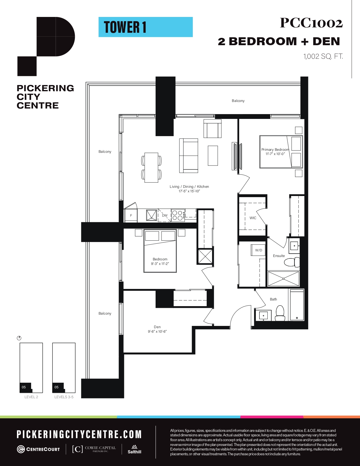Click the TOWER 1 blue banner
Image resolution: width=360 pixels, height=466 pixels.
[x=146, y=27]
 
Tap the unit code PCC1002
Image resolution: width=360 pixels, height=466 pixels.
[x=311, y=23]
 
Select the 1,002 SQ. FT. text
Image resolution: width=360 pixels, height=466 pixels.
[x=323, y=56]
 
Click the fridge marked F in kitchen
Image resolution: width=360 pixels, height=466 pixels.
[x=131, y=215]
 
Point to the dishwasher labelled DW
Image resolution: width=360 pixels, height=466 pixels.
[x=164, y=215]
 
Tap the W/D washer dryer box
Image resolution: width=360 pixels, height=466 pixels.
[x=258, y=250]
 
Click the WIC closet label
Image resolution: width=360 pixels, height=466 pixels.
[x=253, y=218]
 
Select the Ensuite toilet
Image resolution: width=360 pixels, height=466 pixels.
[x=292, y=262]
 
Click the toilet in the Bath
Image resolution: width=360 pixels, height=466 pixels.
[x=280, y=313]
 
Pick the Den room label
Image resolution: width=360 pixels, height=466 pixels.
[x=157, y=327]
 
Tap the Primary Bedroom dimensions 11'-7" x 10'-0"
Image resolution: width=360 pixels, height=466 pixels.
[x=275, y=154]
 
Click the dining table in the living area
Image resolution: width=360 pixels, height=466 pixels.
[x=151, y=167]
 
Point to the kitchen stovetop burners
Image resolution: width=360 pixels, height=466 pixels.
[x=178, y=215]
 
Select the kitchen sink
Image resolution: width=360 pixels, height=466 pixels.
[x=152, y=215]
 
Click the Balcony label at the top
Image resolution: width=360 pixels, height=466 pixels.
[x=238, y=101]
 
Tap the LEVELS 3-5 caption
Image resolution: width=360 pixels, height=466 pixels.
[x=64, y=397]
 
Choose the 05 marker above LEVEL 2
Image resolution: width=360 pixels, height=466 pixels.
[x=24, y=387]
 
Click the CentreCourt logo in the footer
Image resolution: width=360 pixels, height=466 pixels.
[x=38, y=449]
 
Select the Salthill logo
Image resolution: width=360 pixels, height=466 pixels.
[x=134, y=449]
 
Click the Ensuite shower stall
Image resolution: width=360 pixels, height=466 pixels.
[x=283, y=278]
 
